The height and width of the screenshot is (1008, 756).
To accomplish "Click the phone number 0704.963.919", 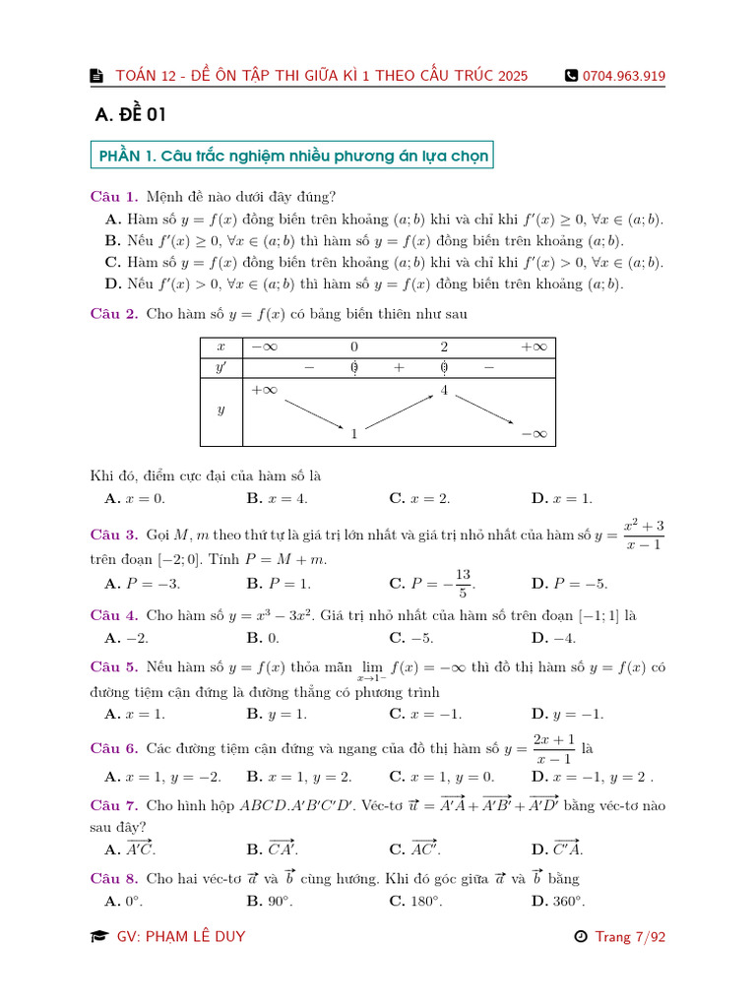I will coord(623,76).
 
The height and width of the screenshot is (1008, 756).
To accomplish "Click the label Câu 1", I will coord(114,197).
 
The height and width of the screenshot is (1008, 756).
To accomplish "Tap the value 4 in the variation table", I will coord(444,391).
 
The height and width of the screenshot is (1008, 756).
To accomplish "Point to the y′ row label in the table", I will coord(220,367).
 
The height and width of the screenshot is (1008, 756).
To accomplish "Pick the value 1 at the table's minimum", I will coord(353,432).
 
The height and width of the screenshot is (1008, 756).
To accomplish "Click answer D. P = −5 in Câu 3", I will coord(569,584).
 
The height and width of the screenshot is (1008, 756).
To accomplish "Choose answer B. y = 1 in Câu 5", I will coord(277,714).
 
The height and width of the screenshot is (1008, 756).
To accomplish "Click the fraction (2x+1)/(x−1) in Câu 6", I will coord(553,749).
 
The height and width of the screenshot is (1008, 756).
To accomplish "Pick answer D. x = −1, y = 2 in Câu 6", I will coord(592,776).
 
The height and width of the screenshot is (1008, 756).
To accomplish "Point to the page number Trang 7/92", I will coord(630,936).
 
